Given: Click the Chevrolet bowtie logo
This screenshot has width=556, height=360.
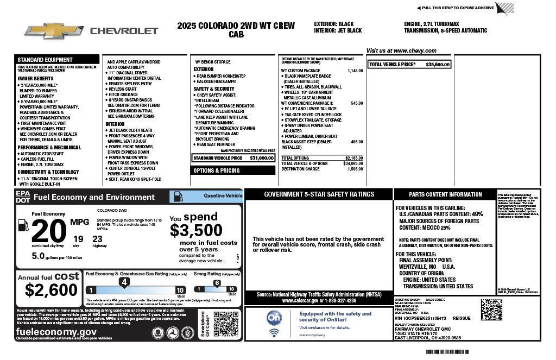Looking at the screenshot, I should tap(52, 30).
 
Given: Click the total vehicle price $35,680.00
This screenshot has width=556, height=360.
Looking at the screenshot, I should tap(438, 64).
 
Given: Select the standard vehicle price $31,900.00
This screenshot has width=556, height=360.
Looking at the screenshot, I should tap(262, 158).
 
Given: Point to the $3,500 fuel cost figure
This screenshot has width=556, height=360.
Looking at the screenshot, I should tap(196, 230).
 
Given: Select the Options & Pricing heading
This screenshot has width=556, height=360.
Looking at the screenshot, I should tap(217, 170).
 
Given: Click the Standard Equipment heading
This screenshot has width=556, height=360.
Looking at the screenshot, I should tap(45, 60).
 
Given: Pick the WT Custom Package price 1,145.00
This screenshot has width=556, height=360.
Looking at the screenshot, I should tap(355, 71).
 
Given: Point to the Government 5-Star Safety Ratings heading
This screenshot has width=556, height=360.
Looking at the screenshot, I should tap(318, 194).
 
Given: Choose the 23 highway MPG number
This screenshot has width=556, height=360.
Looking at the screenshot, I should tap(97, 238).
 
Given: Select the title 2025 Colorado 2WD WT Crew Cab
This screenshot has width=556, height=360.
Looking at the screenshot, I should tap(236, 29).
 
